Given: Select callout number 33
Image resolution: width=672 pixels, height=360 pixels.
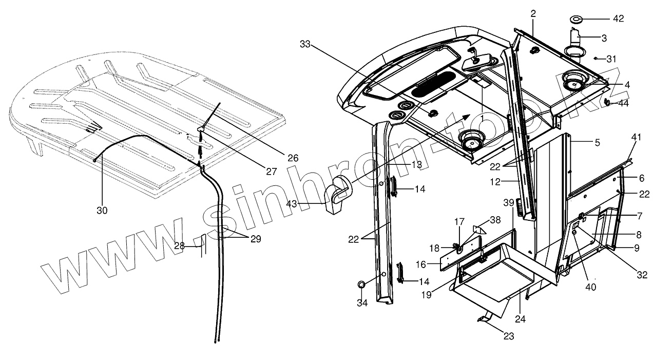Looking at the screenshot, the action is coord(305,45).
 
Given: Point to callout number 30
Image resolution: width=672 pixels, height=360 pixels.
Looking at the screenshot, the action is coord(102,210).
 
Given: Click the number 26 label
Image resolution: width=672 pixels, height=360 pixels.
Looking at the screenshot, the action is coord(293,158).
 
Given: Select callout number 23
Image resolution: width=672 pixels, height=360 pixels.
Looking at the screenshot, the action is coord(508,337).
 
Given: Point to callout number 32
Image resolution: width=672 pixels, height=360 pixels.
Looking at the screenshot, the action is coord(642,275).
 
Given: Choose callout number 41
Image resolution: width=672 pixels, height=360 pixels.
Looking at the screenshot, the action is coord(637,137).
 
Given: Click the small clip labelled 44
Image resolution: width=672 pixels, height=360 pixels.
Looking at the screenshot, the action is coord(608,102).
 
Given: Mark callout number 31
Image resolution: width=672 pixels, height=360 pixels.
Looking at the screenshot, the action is coord(611,59).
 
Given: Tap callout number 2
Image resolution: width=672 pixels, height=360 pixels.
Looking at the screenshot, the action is coord(533,13).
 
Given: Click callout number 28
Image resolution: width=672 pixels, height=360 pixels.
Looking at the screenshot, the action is coord(179,246).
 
